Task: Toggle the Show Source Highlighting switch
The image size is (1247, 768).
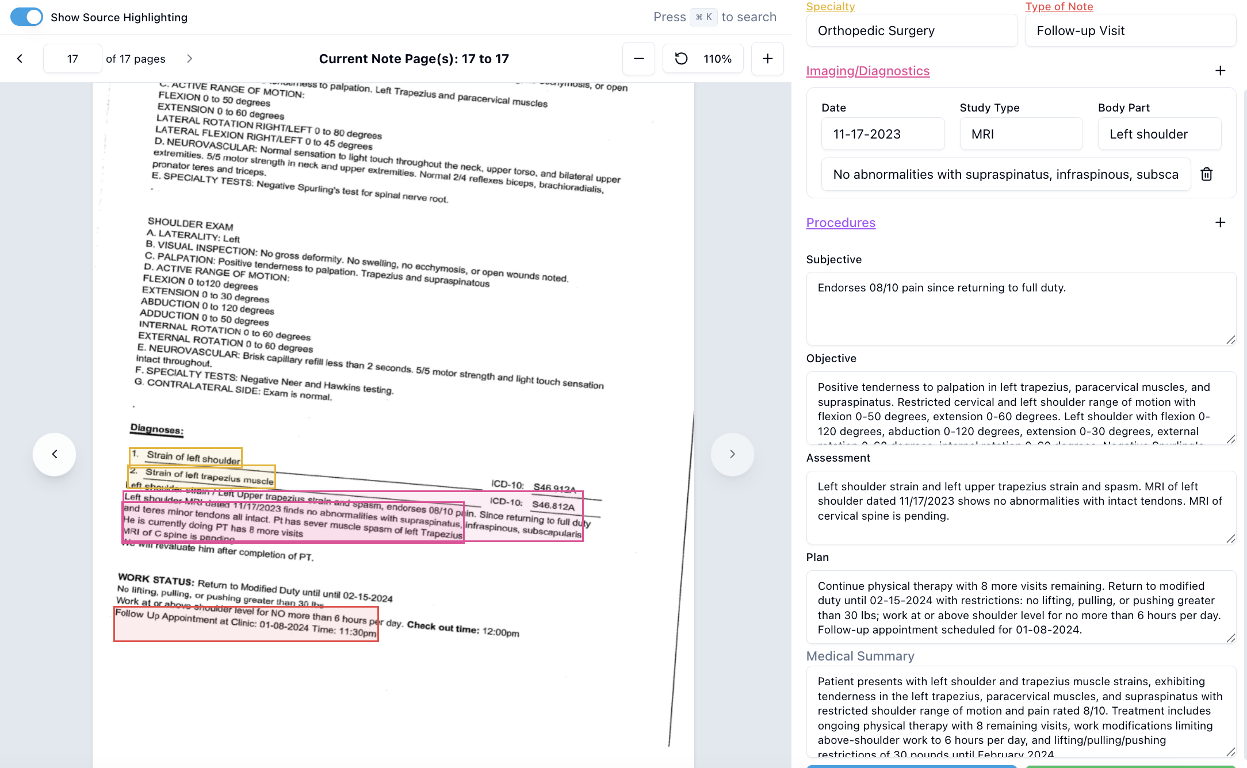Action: click(26, 17)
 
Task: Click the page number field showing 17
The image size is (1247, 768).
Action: click(72, 59)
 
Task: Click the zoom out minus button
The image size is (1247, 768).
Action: click(638, 59)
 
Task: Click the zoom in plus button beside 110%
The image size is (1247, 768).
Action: click(767, 59)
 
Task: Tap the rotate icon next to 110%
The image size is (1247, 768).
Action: click(681, 59)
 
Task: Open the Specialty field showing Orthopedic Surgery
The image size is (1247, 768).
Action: click(912, 30)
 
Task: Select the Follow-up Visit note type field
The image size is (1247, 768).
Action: click(1130, 30)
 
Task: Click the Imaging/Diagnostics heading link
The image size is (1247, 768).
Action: click(867, 71)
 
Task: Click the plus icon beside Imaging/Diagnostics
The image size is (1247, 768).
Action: click(1220, 71)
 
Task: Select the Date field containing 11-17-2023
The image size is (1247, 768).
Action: click(883, 134)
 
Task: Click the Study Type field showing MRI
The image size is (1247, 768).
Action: click(1021, 134)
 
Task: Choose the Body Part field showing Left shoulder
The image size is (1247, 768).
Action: click(1159, 134)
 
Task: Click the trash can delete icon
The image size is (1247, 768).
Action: click(1207, 174)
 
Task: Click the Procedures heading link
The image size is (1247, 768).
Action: click(840, 222)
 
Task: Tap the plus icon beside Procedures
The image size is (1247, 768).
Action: click(1220, 222)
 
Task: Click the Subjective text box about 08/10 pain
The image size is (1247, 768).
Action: click(1021, 308)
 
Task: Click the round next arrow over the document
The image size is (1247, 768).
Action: click(732, 454)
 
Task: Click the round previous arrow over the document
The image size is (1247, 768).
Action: click(55, 454)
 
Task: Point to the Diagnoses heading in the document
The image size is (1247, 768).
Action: click(156, 429)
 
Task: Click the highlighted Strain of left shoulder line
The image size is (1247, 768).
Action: click(186, 457)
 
